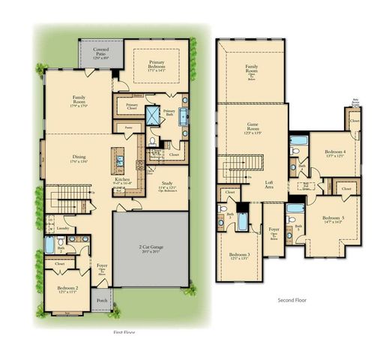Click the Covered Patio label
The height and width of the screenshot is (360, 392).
[100, 54]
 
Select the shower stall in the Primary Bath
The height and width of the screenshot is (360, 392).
[153, 114]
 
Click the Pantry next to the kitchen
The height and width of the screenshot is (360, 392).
[129, 128]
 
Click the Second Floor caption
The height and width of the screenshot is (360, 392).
[291, 300]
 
